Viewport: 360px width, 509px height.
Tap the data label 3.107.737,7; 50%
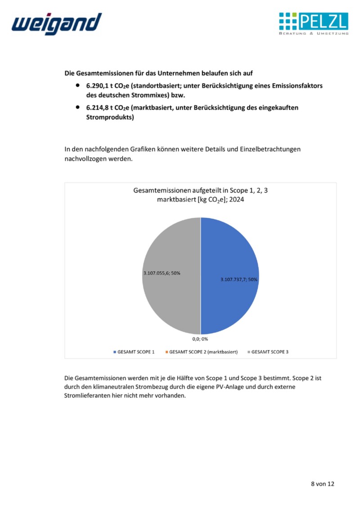pyautogui.click(x=239, y=279)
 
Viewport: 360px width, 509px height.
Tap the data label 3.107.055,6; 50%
pyautogui.click(x=162, y=273)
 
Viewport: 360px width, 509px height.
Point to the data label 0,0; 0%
pyautogui.click(x=200, y=339)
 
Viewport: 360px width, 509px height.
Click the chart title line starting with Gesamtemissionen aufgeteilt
pyautogui.click(x=201, y=191)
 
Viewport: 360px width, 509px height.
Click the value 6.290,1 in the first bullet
pyautogui.click(x=98, y=86)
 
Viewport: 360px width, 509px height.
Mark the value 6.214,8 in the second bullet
pyautogui.click(x=98, y=108)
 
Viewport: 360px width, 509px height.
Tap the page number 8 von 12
pyautogui.click(x=323, y=484)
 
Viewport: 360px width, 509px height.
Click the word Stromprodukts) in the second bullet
pyautogui.click(x=110, y=118)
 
